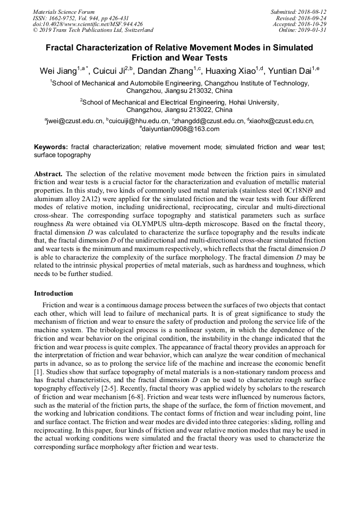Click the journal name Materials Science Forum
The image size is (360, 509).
(64, 12)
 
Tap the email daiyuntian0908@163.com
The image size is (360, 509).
(181, 129)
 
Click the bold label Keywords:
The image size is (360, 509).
(51, 146)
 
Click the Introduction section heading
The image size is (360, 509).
(54, 294)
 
